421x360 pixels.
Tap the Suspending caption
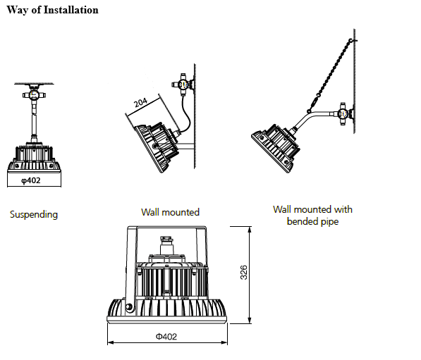[34, 214]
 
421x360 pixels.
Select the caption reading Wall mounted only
[170, 212]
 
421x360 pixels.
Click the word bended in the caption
[302, 221]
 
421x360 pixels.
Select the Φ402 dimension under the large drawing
[166, 337]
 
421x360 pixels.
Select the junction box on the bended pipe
[342, 113]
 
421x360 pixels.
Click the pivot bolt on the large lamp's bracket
[129, 307]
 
